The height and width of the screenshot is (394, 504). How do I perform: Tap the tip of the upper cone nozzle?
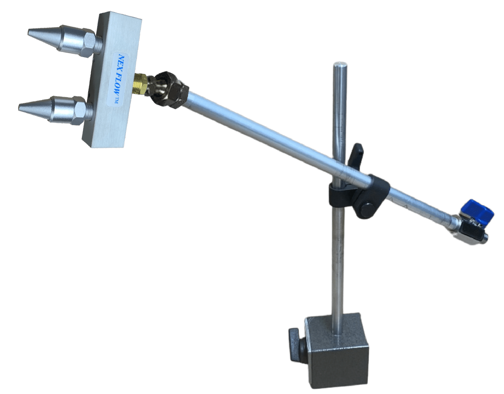(29, 32)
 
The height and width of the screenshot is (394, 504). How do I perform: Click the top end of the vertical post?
(340, 63)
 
